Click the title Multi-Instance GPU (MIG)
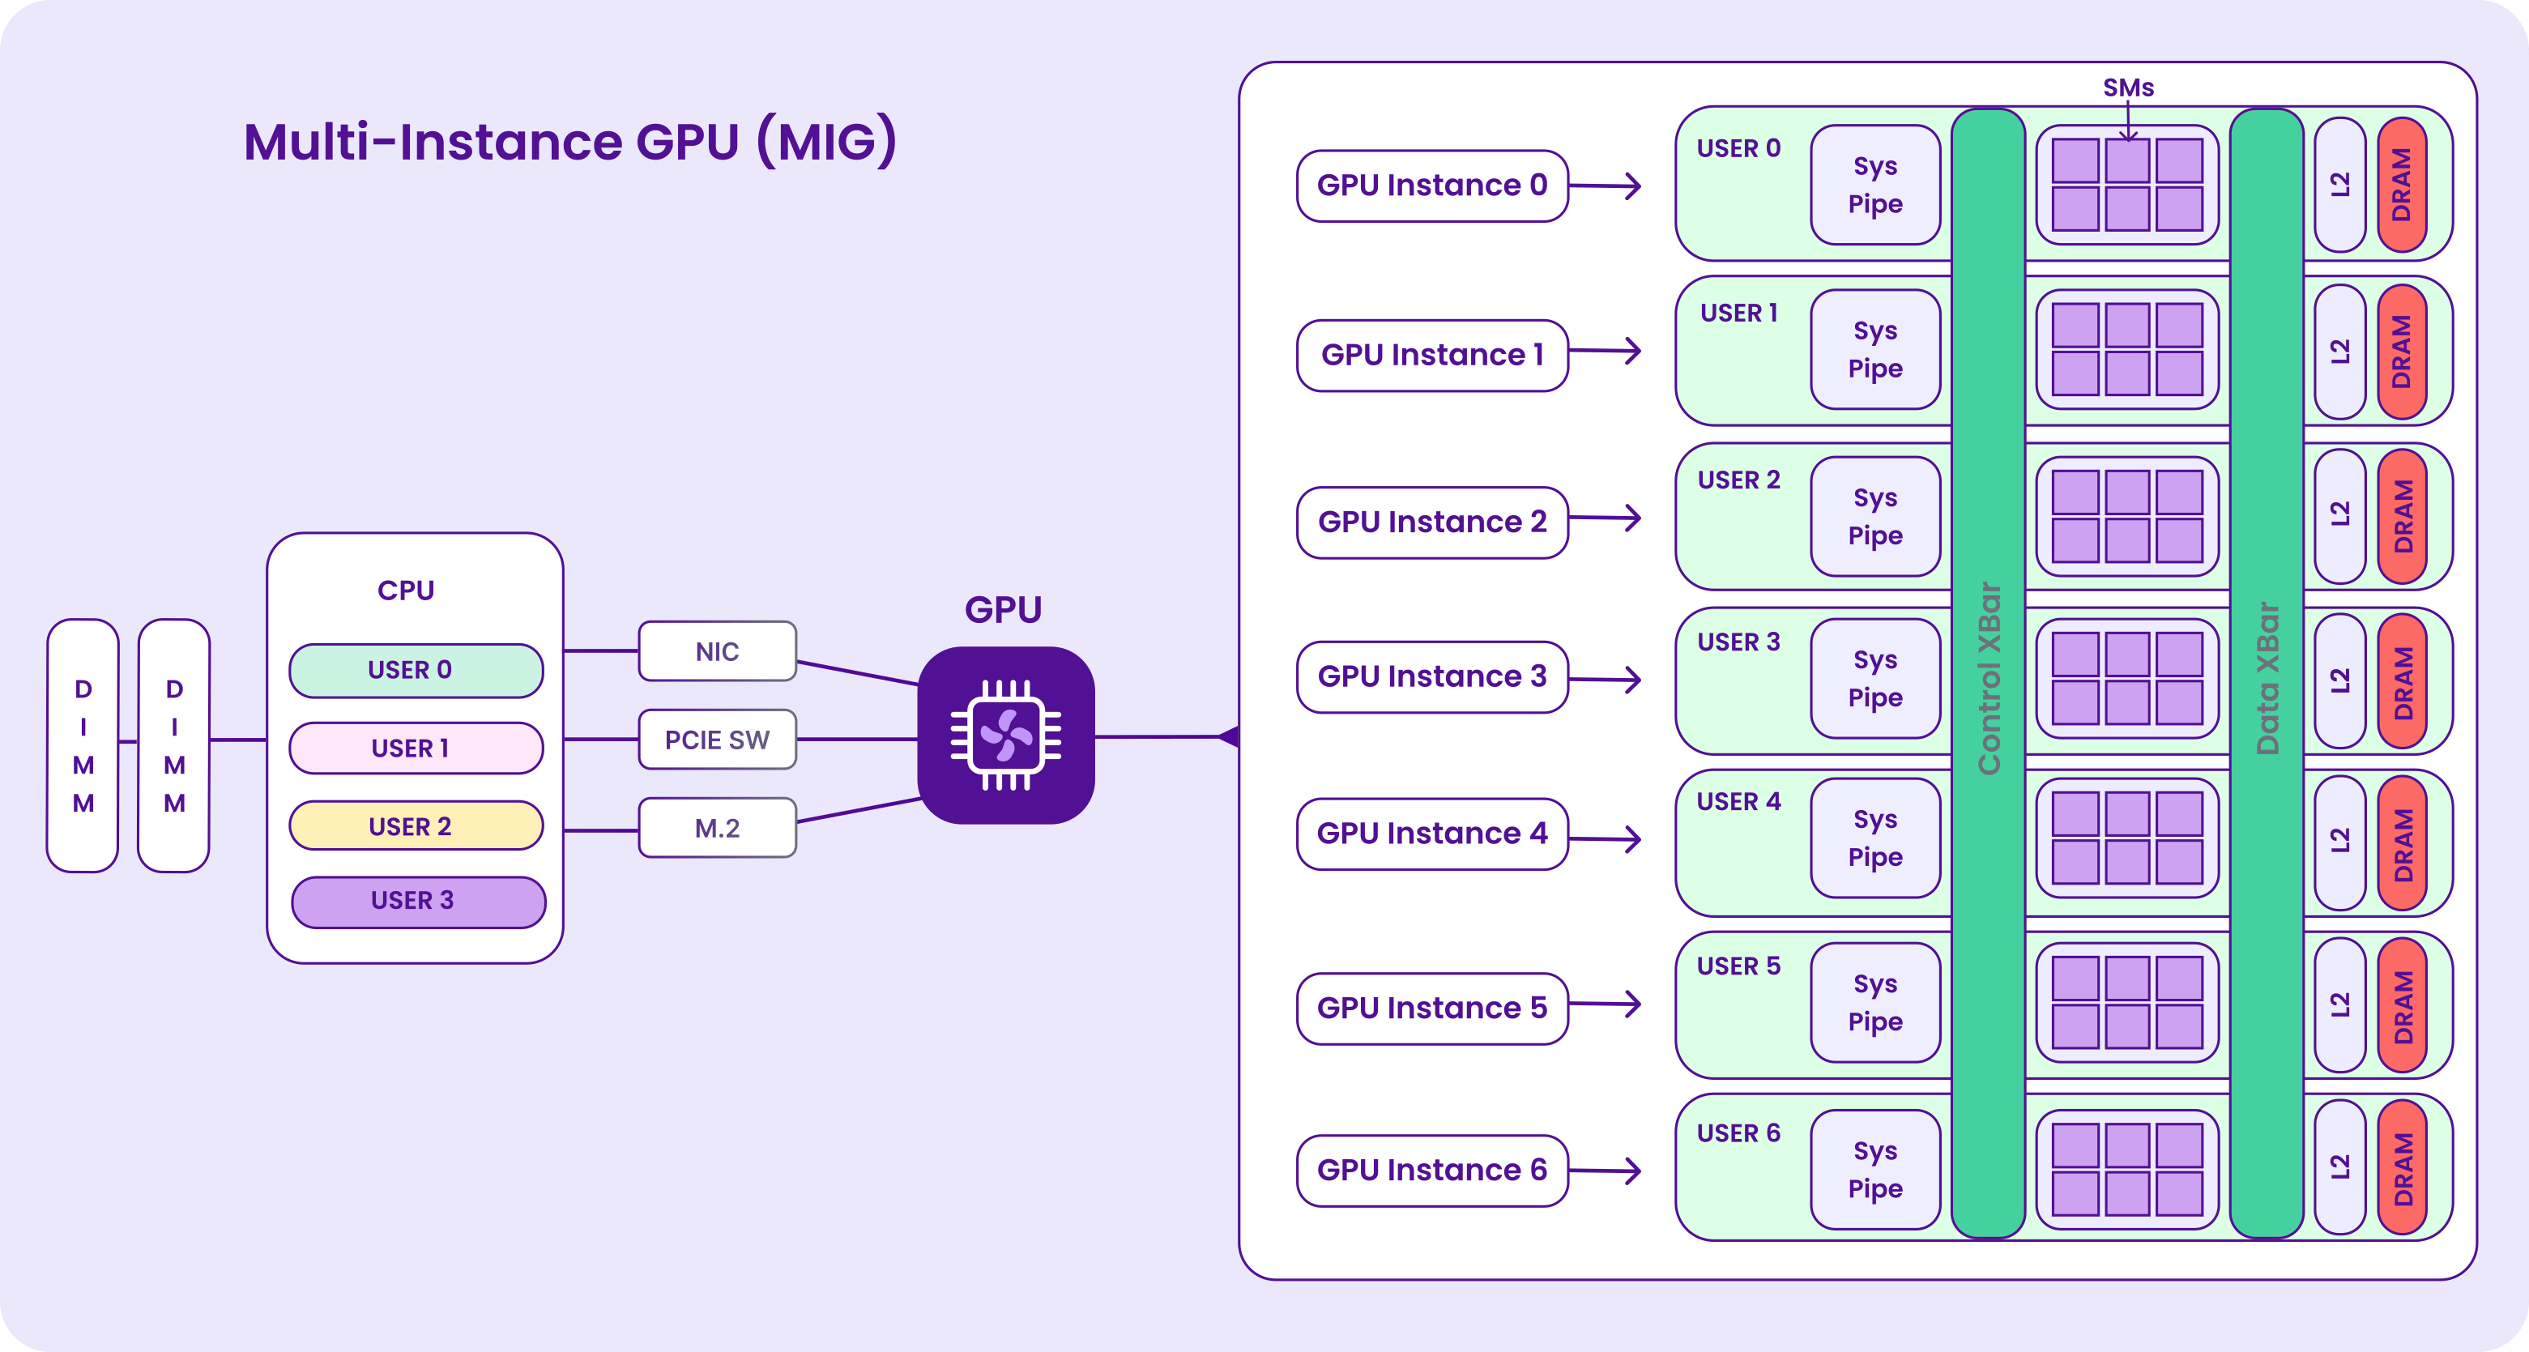(x=570, y=142)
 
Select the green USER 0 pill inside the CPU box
(x=416, y=671)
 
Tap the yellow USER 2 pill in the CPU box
(x=416, y=825)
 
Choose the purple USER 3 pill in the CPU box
(x=418, y=902)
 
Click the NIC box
(x=718, y=651)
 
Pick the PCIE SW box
(x=718, y=740)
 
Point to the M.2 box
(x=718, y=828)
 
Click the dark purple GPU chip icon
(x=1006, y=735)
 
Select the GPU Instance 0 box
(x=1432, y=186)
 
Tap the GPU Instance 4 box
(x=1432, y=834)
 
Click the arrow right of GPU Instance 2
(x=1606, y=518)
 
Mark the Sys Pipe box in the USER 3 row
(x=1875, y=679)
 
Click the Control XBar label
(x=1989, y=679)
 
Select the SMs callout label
(x=2129, y=87)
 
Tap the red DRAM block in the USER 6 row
(x=2403, y=1168)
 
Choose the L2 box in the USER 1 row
(x=2340, y=352)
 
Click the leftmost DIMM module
(x=83, y=745)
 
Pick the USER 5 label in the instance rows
(x=1738, y=966)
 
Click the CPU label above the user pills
(x=406, y=590)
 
